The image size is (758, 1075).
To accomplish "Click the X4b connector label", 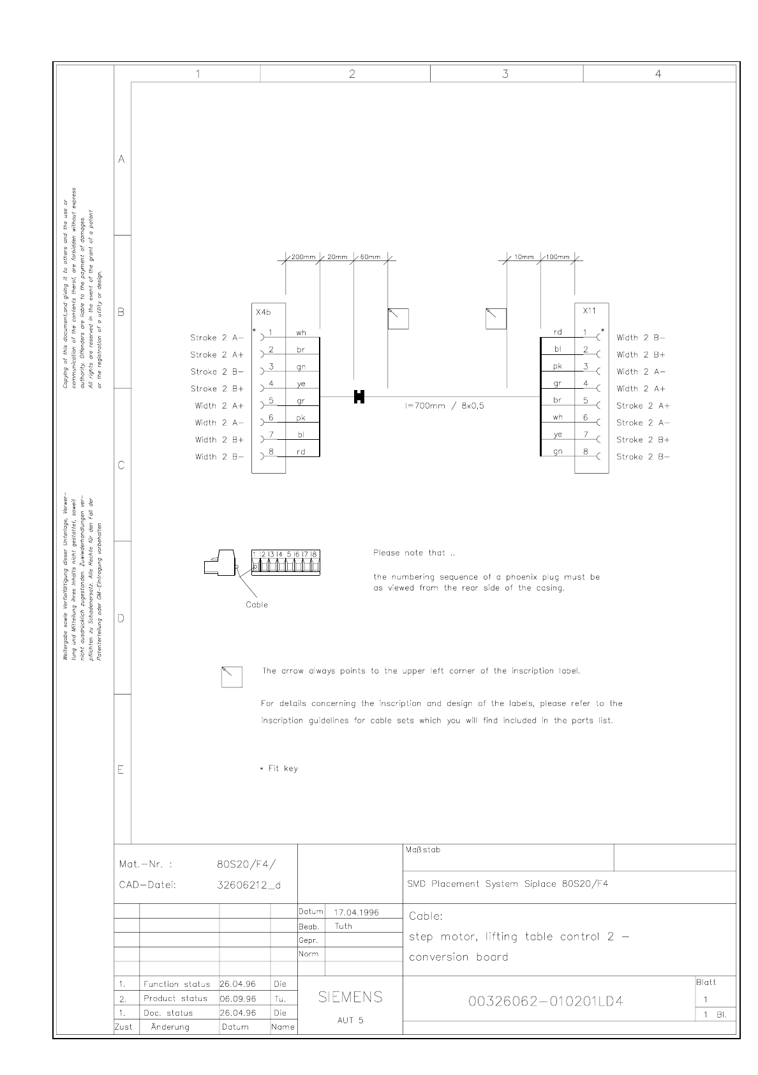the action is [263, 313].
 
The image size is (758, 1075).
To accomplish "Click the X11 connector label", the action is [589, 310].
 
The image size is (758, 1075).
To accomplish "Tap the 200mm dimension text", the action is [304, 257].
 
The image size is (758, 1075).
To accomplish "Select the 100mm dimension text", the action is [558, 257].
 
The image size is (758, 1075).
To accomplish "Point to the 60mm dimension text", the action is [370, 257].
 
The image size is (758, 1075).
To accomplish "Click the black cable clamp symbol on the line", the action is [359, 396].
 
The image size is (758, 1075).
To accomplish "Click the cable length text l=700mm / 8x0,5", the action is [444, 405].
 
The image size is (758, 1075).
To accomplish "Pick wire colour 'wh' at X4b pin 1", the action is [301, 333].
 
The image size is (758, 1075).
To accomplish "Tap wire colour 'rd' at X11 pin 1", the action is [558, 332].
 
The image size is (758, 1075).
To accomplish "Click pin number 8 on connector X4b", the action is [271, 451].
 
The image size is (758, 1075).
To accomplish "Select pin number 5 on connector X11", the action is [586, 400].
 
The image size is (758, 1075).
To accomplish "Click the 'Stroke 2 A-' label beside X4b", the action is [217, 338].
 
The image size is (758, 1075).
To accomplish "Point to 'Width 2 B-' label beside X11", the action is [641, 338].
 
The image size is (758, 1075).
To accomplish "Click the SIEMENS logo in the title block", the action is [350, 997].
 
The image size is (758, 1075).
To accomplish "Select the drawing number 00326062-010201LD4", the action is [546, 1002].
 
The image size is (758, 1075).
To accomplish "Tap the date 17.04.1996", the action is [357, 912].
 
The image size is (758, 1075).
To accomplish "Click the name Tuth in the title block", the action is [343, 926].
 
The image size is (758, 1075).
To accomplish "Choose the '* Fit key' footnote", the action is [279, 769].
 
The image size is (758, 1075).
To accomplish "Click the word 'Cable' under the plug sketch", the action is [257, 605].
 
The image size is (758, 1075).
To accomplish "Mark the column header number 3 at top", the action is [505, 74].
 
